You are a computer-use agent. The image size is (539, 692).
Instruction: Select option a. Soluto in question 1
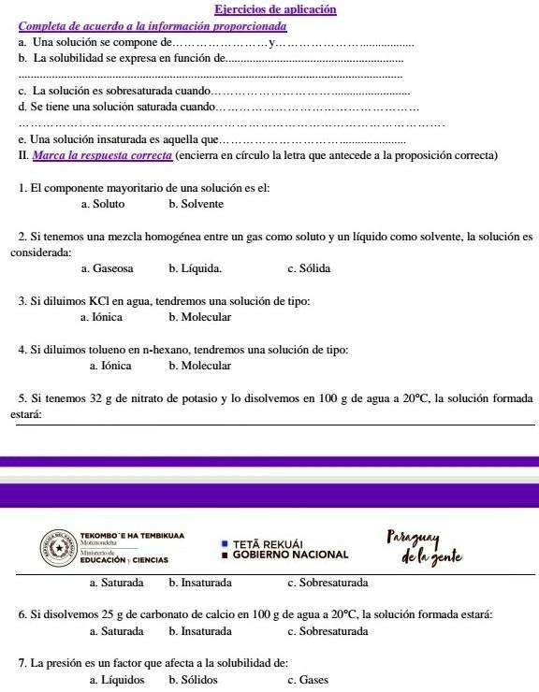click(103, 203)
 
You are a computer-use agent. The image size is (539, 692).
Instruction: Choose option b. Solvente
click(196, 203)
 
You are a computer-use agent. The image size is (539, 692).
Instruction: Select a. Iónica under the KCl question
click(104, 317)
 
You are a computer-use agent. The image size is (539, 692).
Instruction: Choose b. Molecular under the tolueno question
click(199, 366)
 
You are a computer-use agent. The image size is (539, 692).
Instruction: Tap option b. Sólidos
click(193, 680)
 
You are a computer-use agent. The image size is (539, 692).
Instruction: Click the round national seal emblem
click(58, 546)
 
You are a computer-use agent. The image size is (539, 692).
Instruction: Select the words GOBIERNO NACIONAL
click(290, 554)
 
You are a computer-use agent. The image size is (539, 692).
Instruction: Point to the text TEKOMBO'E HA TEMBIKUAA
click(132, 536)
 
